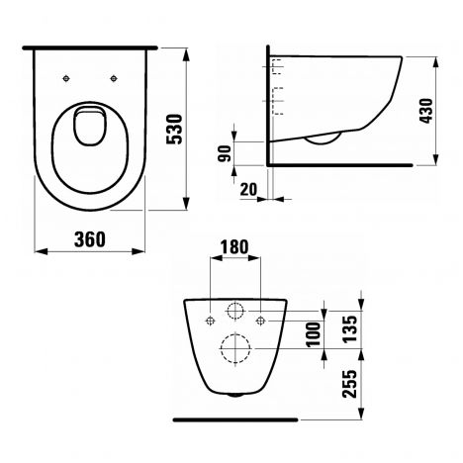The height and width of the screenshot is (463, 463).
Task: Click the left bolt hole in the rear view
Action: coord(210,319)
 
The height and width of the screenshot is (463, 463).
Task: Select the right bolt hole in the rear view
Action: coord(258,319)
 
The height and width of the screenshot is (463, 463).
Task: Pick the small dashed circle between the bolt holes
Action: coord(234,312)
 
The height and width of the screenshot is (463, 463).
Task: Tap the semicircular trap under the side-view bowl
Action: coord(324,139)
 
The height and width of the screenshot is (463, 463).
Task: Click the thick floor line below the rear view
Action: coord(233,408)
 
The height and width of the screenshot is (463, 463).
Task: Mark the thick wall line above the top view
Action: coord(91,46)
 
